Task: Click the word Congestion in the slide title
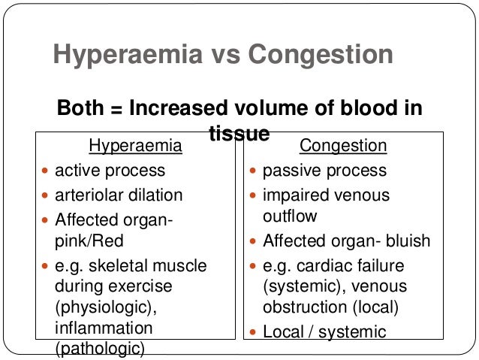coord(321,56)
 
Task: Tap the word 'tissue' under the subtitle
coord(239,133)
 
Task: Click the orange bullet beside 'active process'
coord(46,171)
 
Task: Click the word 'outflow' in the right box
coord(290,216)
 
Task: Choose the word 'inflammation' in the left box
coord(103,328)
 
